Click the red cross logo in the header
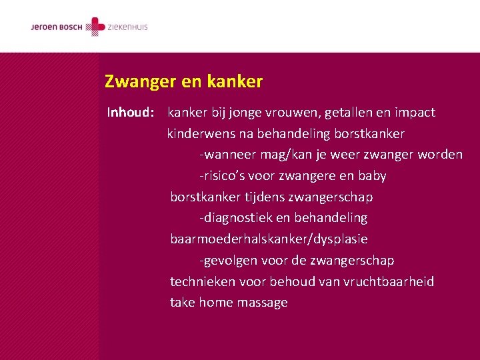tap(97, 27)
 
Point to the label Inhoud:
tap(131, 113)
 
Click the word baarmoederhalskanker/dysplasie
tap(269, 239)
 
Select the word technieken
tap(202, 281)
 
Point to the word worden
tap(439, 155)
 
